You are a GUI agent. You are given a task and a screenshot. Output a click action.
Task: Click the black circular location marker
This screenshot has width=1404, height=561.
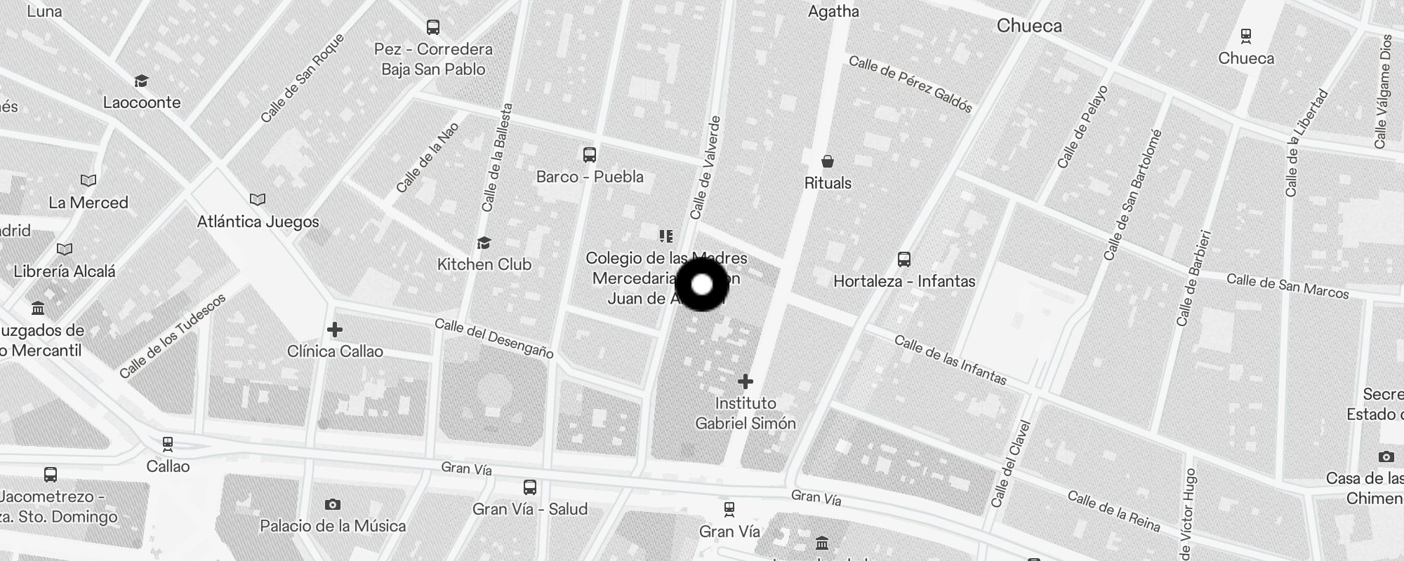coord(702,284)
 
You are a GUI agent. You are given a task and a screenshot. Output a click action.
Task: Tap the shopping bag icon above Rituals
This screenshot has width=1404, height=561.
coord(828,162)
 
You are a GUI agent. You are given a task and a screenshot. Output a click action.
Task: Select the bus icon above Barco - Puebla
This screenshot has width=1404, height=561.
coord(590,154)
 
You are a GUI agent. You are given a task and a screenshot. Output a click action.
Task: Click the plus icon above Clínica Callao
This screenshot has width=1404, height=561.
coord(335,329)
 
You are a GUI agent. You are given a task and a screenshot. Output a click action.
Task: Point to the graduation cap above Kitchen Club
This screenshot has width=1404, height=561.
coord(484,243)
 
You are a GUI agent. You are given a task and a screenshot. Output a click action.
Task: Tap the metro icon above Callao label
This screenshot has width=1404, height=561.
coord(168,444)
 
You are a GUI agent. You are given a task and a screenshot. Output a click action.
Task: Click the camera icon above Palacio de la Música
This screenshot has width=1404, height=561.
coord(333,504)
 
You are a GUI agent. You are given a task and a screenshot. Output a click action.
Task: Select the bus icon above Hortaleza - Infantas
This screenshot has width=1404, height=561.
coord(904,259)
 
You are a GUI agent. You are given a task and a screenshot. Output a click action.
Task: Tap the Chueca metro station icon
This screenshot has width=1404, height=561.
coord(1246,35)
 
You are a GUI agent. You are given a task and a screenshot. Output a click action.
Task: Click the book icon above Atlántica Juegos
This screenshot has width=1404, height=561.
coord(258,200)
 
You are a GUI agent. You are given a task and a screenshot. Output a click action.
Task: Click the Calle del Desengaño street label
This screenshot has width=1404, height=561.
coord(494,338)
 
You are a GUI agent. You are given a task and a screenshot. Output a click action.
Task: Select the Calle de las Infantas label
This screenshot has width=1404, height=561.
coord(951,360)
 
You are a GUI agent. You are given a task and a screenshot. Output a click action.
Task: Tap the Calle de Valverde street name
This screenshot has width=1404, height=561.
coord(706,168)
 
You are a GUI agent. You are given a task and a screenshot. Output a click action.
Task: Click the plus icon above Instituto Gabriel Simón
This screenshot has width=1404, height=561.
coord(746,381)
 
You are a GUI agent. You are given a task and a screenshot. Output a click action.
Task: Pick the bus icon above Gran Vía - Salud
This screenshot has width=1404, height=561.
coord(530,487)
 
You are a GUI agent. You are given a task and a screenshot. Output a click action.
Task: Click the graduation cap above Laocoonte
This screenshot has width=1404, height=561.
coord(141,81)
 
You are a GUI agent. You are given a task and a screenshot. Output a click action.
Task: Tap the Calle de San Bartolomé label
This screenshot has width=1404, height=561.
coord(1132,195)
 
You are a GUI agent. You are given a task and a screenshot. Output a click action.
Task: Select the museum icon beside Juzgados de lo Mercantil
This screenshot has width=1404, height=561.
coord(38,308)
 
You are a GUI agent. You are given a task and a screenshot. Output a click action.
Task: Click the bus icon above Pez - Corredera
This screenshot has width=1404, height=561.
coord(433,27)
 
